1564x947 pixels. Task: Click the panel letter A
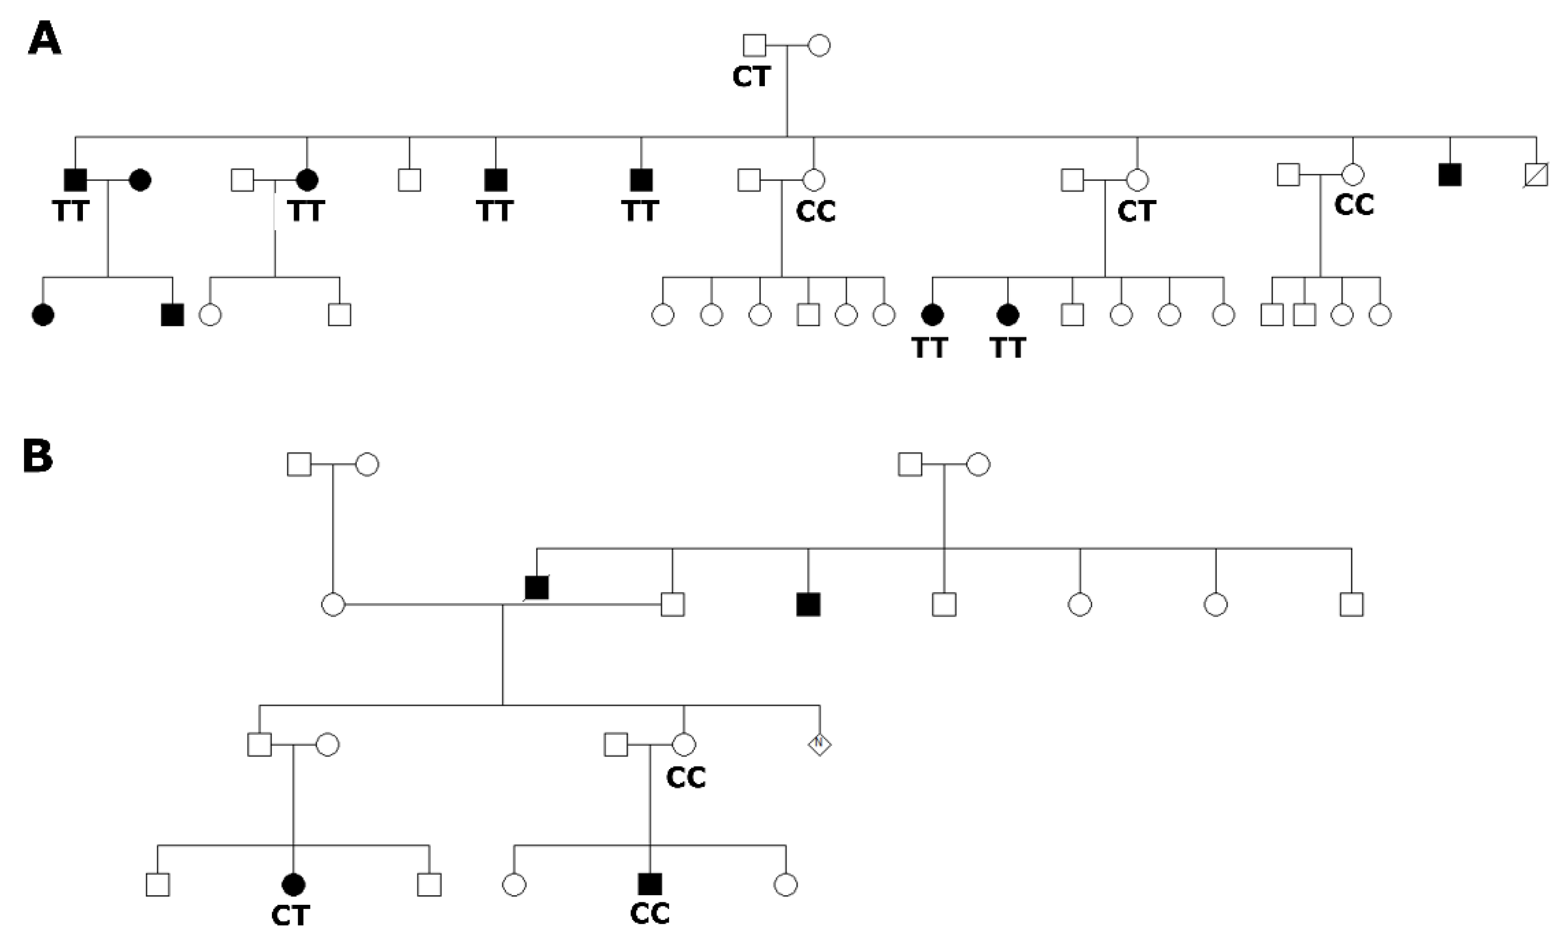click(x=44, y=39)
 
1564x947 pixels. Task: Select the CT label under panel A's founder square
click(x=751, y=77)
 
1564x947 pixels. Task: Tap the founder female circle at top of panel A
click(x=819, y=46)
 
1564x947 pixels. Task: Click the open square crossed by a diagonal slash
click(x=1536, y=174)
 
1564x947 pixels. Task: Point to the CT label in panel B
click(x=290, y=916)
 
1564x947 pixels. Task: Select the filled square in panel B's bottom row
click(x=650, y=884)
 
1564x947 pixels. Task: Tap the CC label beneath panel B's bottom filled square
click(x=650, y=914)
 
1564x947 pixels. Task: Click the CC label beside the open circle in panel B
click(x=686, y=777)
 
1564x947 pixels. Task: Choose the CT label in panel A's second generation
click(x=1137, y=211)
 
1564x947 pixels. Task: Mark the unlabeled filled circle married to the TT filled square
click(x=140, y=180)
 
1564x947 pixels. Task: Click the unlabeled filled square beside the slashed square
click(x=1450, y=174)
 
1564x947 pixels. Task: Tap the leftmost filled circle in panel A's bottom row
click(x=43, y=315)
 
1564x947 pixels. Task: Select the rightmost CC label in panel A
click(x=1354, y=205)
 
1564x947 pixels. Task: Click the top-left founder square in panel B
click(x=299, y=464)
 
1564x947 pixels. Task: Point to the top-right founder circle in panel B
click(x=978, y=464)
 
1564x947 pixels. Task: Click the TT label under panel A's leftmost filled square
click(x=70, y=211)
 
